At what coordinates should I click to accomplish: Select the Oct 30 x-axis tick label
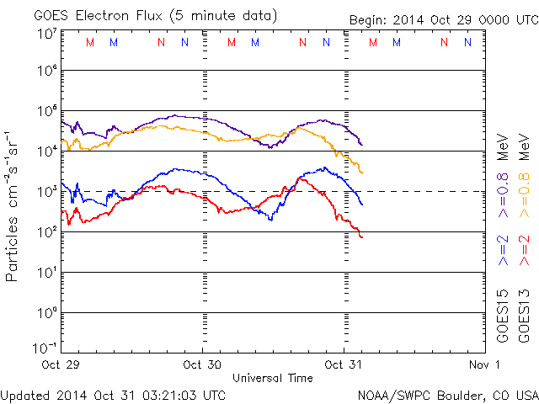202,364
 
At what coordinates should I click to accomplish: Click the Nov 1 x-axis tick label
484,364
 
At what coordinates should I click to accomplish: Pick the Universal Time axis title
273,378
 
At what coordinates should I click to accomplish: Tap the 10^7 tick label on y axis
46,34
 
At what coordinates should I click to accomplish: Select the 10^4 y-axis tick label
46,150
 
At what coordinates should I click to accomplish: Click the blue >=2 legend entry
504,250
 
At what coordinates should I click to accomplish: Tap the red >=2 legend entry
523,250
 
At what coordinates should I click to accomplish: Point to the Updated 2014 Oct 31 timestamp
114,394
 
